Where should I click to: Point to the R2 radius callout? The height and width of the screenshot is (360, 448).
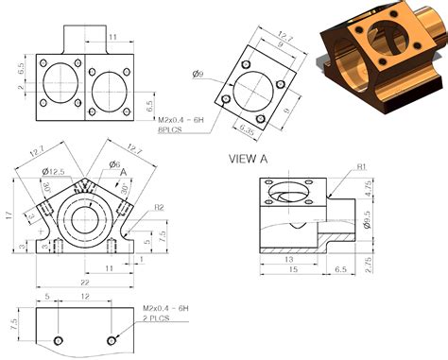pos(160,207)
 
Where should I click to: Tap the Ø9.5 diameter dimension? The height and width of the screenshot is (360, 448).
pos(368,225)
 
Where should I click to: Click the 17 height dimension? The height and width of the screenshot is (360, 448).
pos(9,215)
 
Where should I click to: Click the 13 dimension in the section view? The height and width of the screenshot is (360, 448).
pos(287,258)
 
